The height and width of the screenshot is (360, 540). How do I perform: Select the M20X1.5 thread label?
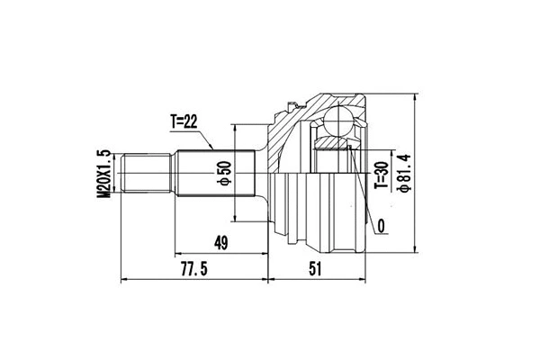104,173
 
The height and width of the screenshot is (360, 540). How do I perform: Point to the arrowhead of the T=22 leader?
212,147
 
